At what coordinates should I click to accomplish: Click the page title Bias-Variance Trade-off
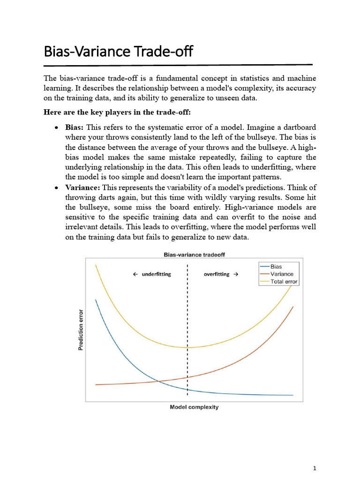click(118, 51)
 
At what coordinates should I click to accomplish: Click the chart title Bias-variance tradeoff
click(194, 255)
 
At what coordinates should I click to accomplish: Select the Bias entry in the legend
click(276, 266)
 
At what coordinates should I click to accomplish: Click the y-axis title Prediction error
click(80, 330)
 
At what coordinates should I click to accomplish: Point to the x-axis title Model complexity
click(194, 407)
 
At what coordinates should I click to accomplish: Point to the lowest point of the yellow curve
click(187, 347)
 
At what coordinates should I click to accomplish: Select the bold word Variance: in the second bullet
click(82, 187)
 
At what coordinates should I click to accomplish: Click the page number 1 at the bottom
click(315, 468)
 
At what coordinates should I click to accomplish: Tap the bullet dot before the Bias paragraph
click(56, 128)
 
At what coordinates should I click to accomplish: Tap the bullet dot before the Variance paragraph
click(56, 187)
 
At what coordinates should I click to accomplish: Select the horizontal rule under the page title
click(178, 64)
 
